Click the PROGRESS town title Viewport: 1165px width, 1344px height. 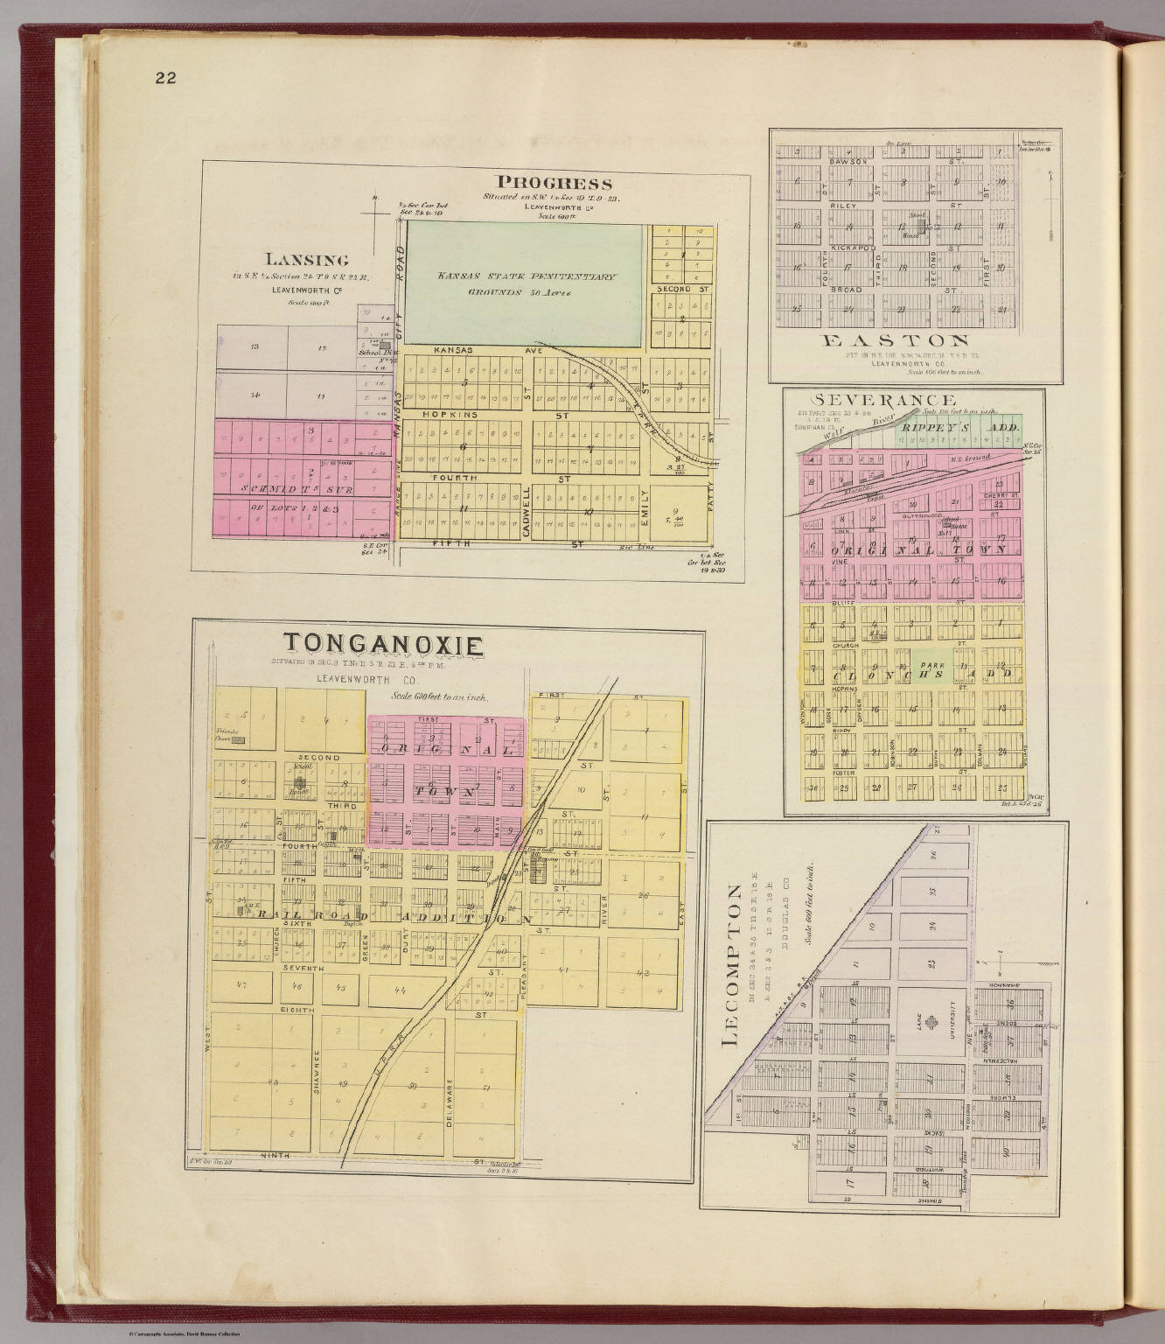click(x=554, y=183)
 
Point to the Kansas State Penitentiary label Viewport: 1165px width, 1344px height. click(x=527, y=276)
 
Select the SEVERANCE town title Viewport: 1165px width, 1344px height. click(x=875, y=401)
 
